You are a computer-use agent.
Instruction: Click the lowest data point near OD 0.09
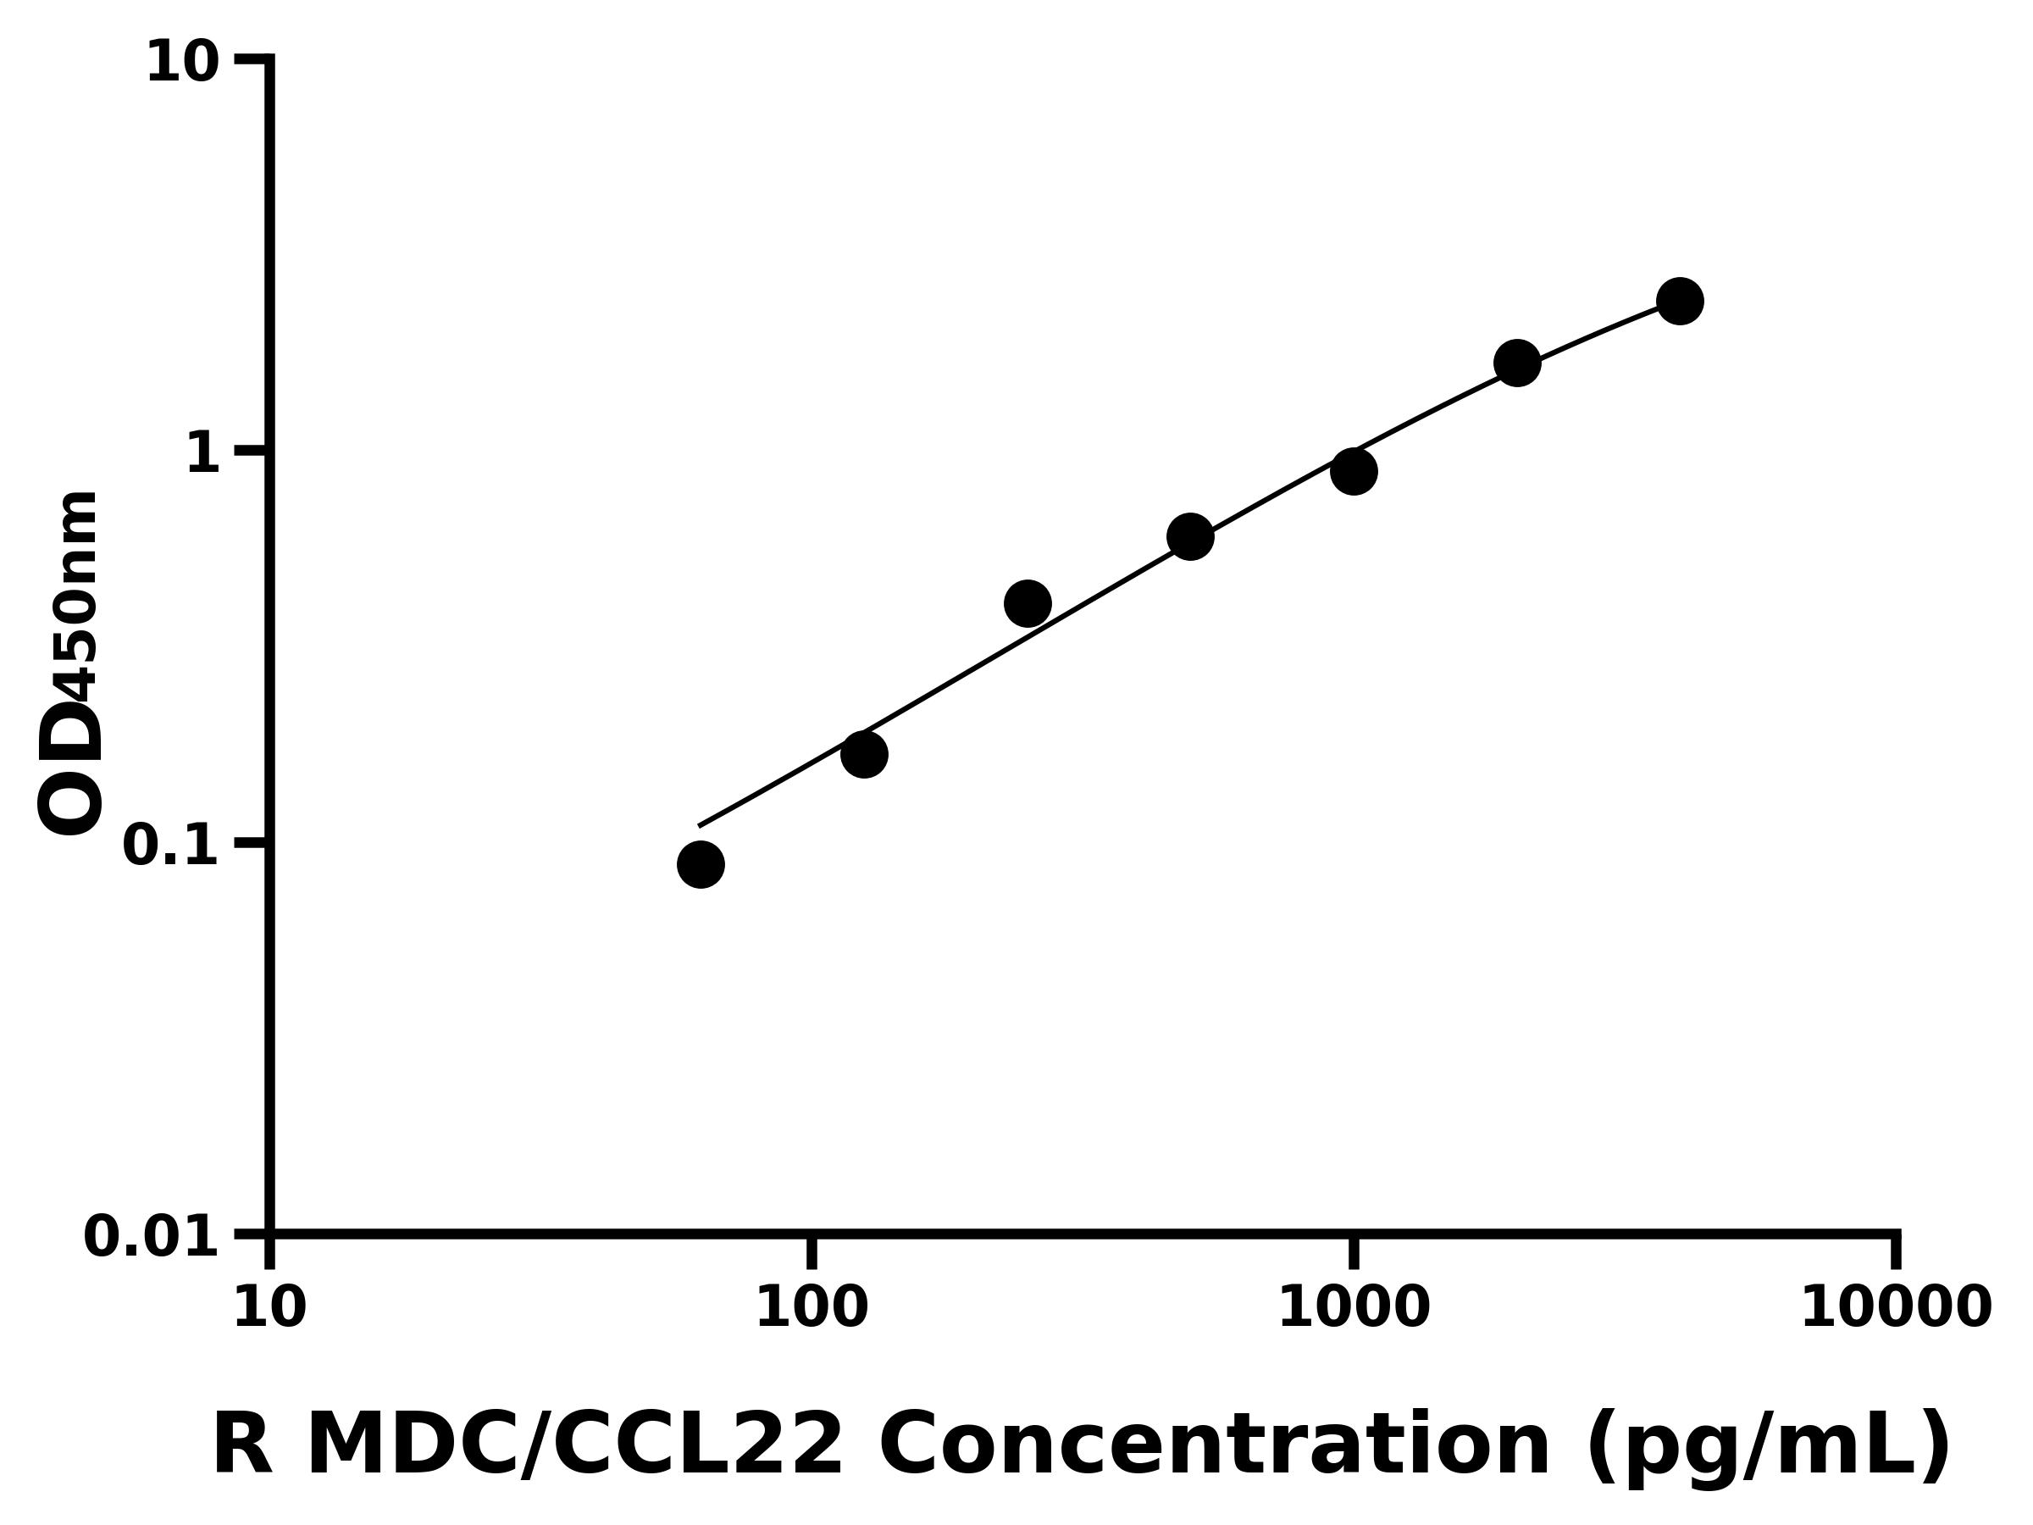point(701,864)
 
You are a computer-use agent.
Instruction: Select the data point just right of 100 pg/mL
point(864,754)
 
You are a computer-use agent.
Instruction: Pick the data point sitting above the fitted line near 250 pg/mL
point(1028,603)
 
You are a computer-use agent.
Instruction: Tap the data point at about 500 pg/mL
point(1190,536)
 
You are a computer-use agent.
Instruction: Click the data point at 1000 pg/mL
point(1354,472)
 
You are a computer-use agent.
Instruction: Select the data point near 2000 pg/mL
point(1517,363)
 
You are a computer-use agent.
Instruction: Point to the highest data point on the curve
point(1680,301)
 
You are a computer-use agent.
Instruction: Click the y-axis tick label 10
point(183,64)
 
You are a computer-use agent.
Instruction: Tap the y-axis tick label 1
point(203,453)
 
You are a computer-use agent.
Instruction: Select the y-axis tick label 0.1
point(171,845)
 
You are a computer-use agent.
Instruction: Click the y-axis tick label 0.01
point(152,1236)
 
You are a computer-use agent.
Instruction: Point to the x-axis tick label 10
point(269,1308)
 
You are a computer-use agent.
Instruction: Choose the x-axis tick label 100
point(812,1308)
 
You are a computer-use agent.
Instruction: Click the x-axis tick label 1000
point(1354,1308)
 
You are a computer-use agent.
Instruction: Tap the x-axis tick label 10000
point(1896,1308)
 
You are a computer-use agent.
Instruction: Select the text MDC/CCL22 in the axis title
point(574,1446)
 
